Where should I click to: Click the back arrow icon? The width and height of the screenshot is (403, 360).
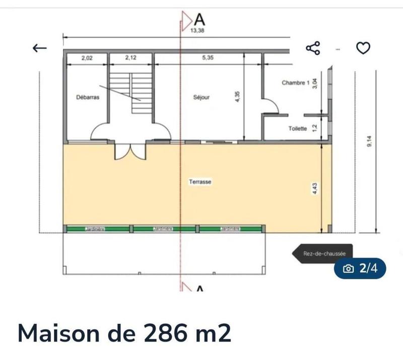[x=39, y=48]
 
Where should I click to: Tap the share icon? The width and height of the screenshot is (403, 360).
[x=313, y=48]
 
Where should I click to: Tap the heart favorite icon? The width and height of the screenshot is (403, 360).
[x=363, y=48]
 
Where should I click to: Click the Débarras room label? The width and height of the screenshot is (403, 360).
[x=87, y=98]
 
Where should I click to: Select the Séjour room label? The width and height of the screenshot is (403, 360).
[x=201, y=98]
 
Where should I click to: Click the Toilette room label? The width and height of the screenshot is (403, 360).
[x=298, y=129]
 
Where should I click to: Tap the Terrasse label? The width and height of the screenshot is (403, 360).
[x=199, y=182]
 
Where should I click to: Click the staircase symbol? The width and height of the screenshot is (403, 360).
[x=130, y=93]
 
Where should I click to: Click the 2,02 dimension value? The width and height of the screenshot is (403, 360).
[x=87, y=58]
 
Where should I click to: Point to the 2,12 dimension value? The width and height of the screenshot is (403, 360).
[x=130, y=58]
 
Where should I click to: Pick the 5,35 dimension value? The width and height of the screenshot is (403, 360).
[x=208, y=58]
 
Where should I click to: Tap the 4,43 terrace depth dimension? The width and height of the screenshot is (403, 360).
[x=316, y=189]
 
